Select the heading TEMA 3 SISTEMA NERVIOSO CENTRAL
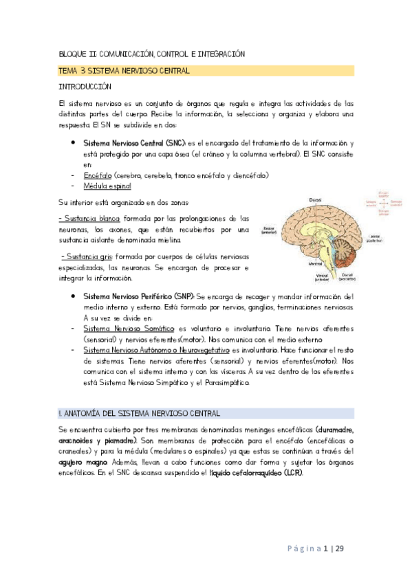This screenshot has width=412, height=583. coord(124,71)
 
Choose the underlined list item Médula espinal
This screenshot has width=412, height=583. coord(107,186)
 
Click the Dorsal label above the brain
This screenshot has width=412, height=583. coord(315,199)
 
